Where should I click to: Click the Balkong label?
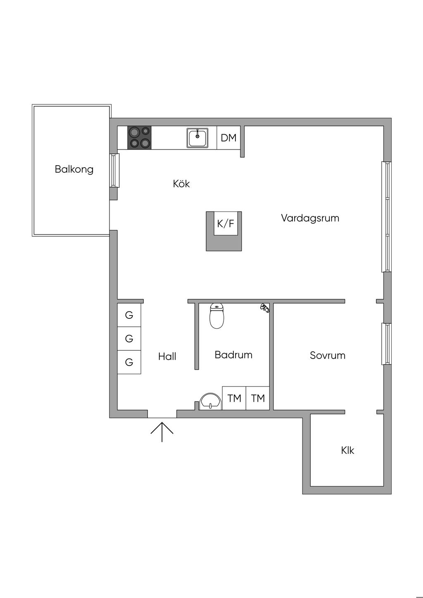(74, 169)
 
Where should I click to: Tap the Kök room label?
(181, 184)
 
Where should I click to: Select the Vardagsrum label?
(310, 218)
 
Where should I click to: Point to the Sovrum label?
(328, 356)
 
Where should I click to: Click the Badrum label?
(233, 355)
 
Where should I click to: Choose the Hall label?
(167, 356)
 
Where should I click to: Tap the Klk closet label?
(347, 450)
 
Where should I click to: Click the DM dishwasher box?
(228, 138)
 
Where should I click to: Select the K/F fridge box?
(226, 224)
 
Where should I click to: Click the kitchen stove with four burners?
(139, 138)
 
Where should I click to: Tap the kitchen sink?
(197, 138)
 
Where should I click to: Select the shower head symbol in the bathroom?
(264, 308)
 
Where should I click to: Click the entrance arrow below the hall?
(162, 432)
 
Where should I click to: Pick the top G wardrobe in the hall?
(129, 315)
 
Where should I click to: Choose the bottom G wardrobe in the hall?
(129, 362)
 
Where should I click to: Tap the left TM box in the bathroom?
(234, 398)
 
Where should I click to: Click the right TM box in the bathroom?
(258, 398)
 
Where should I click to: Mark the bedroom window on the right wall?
(387, 344)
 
